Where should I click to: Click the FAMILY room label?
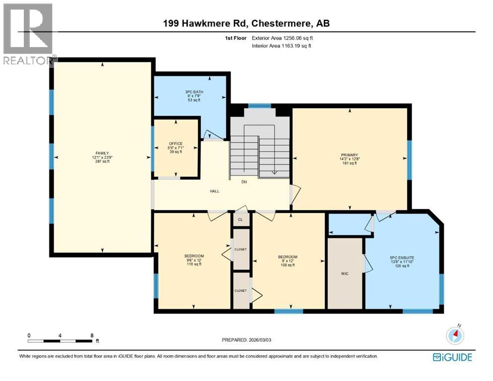tap(102, 153)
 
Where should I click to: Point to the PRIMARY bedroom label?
tap(350, 155)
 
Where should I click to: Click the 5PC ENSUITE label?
tap(402, 257)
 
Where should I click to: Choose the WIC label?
tap(345, 273)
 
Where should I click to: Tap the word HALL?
tap(214, 191)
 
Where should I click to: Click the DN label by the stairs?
tap(244, 182)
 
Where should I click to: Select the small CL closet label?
tap(240, 219)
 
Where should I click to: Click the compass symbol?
tap(455, 335)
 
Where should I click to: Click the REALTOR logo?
tap(28, 35)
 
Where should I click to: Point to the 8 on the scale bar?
tap(92, 335)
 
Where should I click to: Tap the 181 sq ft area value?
tap(350, 163)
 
